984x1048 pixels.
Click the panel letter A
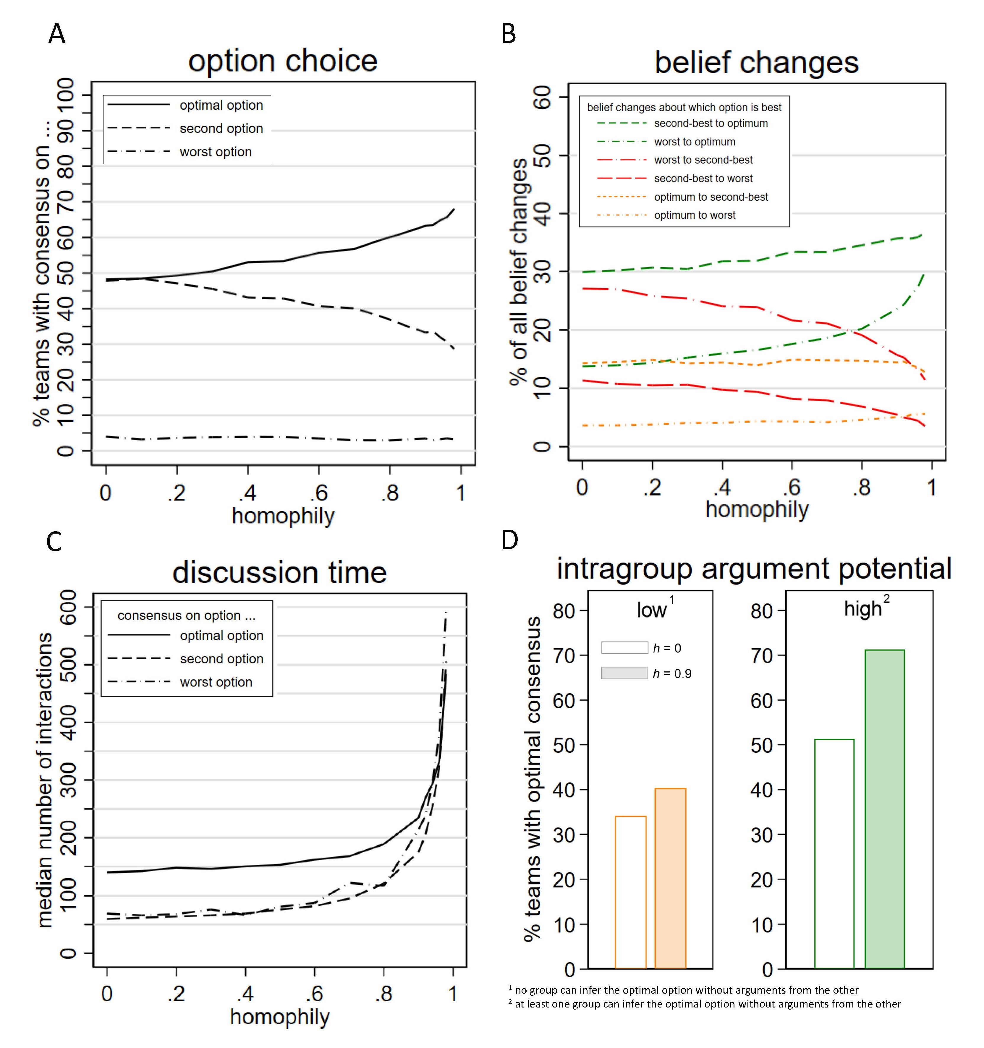pyautogui.click(x=57, y=34)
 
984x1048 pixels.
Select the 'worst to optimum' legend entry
pyautogui.click(x=694, y=142)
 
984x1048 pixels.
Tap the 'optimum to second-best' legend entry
pyautogui.click(x=710, y=197)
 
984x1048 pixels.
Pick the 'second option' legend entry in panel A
pyautogui.click(x=221, y=129)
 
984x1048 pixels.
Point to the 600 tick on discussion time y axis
pyautogui.click(x=69, y=606)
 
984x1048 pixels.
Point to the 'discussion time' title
pyautogui.click(x=279, y=573)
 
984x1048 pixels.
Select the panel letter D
pyautogui.click(x=509, y=540)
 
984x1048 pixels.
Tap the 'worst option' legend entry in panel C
pyautogui.click(x=216, y=682)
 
